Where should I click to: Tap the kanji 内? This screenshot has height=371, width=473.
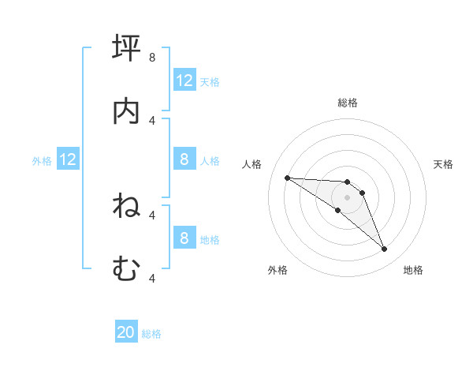(127, 111)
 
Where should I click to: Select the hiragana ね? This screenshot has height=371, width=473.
(127, 206)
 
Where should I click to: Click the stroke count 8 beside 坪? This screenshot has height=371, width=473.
(152, 57)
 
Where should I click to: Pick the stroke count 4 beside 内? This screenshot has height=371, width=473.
(152, 120)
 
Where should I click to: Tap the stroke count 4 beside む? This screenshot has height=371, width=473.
(152, 277)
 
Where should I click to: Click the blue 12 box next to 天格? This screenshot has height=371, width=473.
(184, 81)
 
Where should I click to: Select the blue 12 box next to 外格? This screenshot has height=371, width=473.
(68, 159)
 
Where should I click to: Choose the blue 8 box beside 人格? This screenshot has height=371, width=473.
(184, 159)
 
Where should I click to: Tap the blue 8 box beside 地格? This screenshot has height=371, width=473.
(184, 238)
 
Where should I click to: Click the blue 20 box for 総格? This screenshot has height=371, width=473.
(126, 333)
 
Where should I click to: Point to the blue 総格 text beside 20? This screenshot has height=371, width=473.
(151, 334)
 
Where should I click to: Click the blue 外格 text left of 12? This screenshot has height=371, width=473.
(42, 160)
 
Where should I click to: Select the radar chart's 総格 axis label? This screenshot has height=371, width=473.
(348, 103)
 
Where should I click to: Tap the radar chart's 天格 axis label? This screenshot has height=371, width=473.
(444, 164)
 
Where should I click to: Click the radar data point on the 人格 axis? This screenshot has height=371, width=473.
(287, 178)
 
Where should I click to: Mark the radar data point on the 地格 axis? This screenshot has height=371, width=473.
(384, 249)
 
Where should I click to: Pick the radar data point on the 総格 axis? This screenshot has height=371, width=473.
(347, 182)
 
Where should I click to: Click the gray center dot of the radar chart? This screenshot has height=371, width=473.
(347, 197)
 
